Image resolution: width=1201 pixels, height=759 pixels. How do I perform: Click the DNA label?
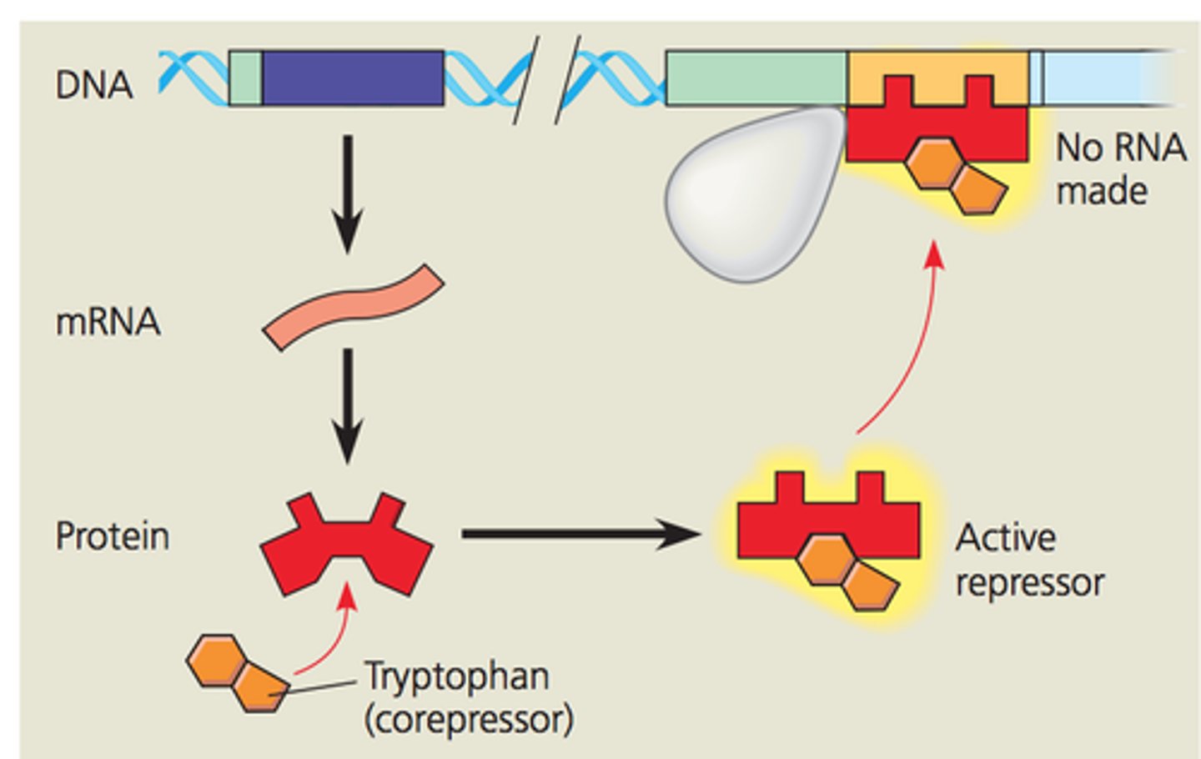[x=93, y=84]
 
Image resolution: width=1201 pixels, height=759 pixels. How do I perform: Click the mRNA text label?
[x=108, y=322]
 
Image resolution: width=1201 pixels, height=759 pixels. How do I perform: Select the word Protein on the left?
[x=112, y=536]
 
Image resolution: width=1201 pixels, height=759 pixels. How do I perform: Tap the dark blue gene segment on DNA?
[x=352, y=78]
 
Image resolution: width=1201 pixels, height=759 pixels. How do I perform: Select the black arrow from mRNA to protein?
[x=348, y=405]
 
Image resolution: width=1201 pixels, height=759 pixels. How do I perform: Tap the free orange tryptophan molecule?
[x=239, y=672]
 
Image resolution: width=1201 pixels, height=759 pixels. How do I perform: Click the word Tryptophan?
[x=457, y=676]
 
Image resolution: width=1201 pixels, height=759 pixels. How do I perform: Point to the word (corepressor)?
[x=469, y=720]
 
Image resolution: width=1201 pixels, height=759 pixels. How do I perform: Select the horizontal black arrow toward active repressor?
[x=580, y=534]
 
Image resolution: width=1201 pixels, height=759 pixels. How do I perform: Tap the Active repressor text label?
[x=1029, y=560]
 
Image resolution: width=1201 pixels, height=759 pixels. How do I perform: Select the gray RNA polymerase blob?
[x=751, y=196]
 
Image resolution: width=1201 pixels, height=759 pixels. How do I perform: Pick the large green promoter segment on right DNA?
[x=756, y=78]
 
